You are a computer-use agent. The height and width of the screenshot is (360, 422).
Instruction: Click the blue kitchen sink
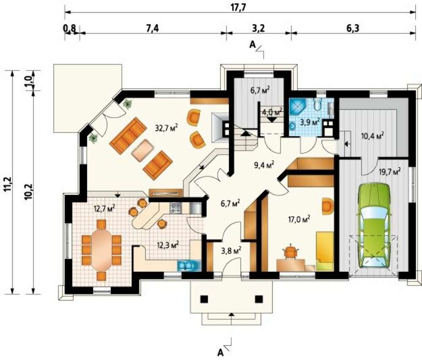(x=189, y=266)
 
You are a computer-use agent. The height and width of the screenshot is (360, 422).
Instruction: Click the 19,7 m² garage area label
(x=390, y=171)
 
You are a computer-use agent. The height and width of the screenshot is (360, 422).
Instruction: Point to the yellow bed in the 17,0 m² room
(x=325, y=251)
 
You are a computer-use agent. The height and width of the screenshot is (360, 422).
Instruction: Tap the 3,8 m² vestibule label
(x=231, y=251)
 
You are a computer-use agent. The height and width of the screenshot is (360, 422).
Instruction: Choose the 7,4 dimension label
(x=153, y=28)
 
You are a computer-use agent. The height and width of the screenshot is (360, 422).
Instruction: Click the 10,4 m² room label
(x=373, y=136)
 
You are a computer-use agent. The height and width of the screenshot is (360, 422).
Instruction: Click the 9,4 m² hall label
(x=264, y=164)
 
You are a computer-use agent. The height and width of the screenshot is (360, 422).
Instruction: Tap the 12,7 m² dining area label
(x=104, y=208)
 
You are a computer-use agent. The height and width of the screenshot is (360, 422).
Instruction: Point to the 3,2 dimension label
(x=259, y=28)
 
